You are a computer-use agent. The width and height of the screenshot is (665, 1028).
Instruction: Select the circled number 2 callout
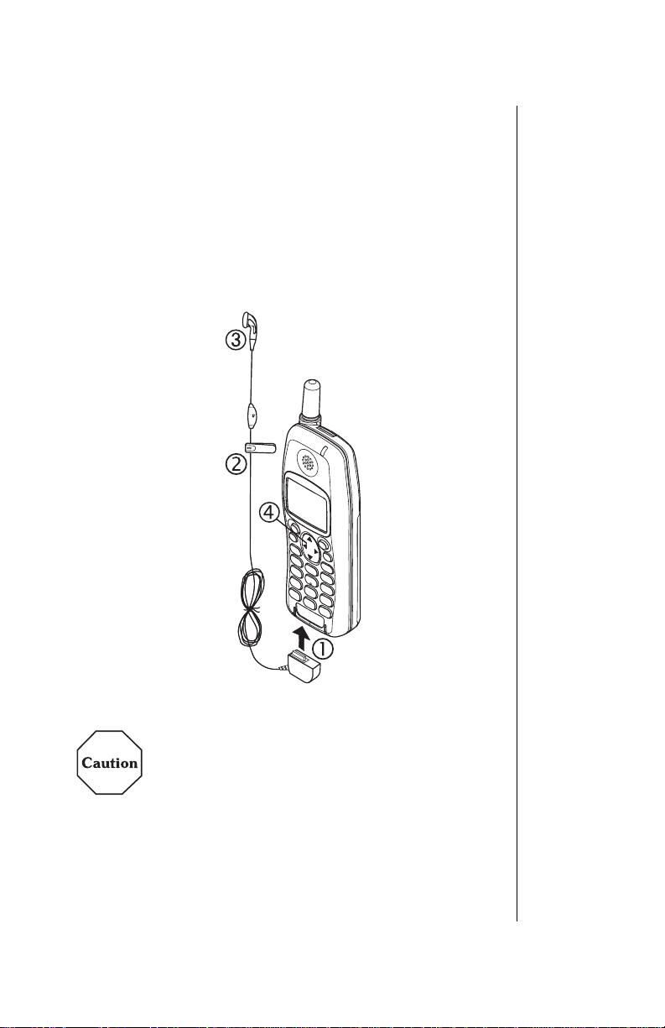click(236, 462)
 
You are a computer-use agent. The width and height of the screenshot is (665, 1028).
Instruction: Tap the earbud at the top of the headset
click(250, 321)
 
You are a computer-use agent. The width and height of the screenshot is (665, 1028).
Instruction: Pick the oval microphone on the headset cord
click(254, 413)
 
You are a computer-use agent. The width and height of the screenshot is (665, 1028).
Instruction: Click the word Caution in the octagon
click(109, 764)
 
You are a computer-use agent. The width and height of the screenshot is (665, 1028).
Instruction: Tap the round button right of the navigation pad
click(328, 545)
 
